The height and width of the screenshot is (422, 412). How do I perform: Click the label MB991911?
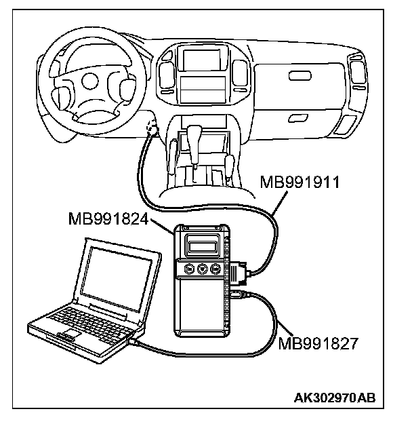[300, 183]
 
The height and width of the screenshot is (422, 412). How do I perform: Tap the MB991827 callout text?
[317, 343]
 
